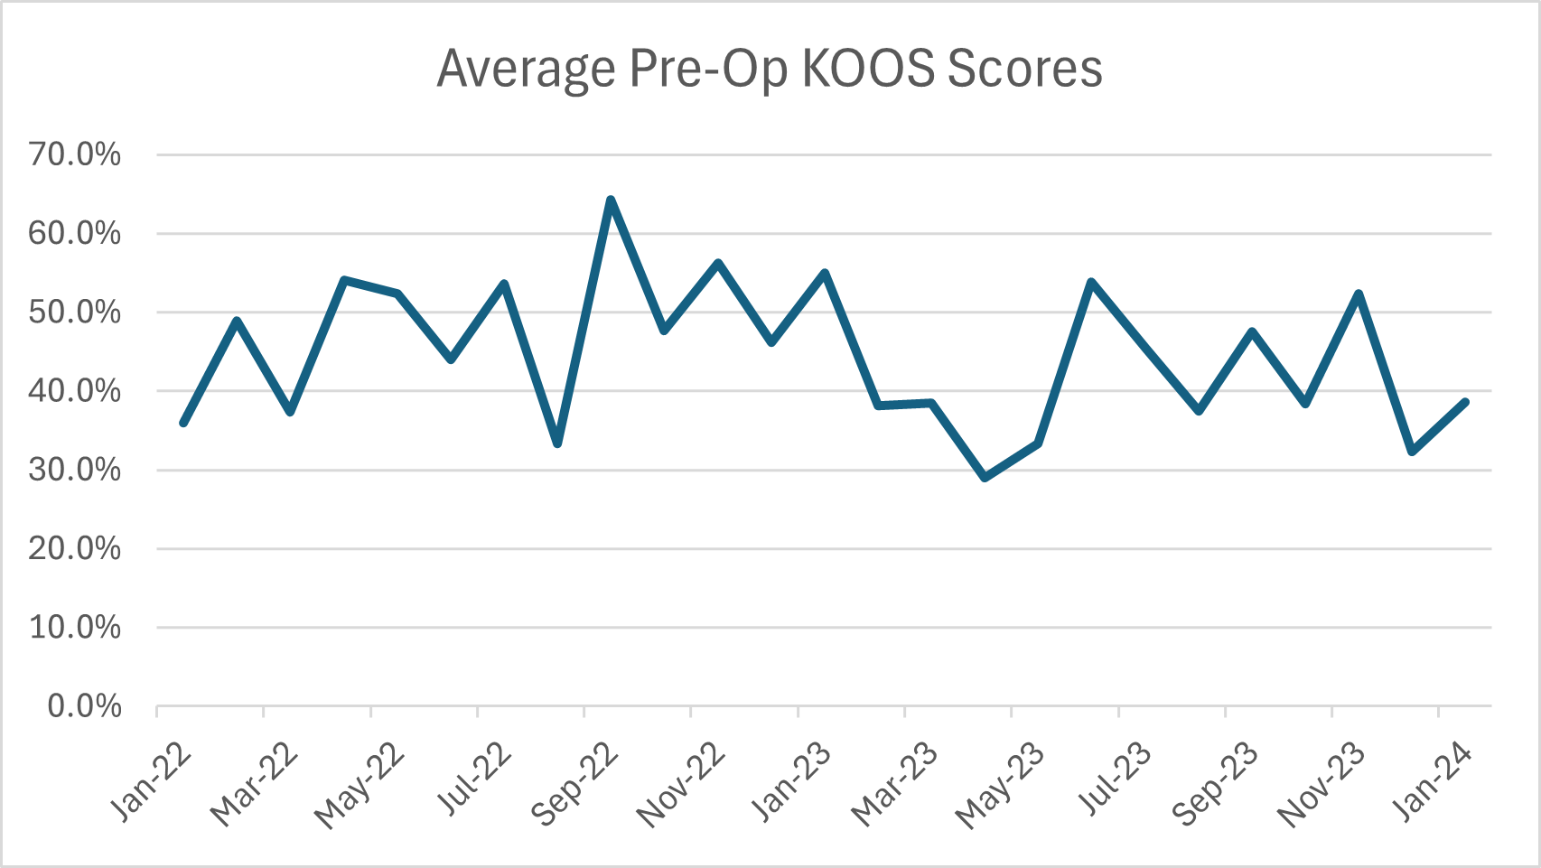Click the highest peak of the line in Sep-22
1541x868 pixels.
click(611, 200)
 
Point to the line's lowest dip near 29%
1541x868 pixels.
click(985, 477)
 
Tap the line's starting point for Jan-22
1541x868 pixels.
click(183, 423)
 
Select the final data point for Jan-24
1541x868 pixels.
click(1465, 402)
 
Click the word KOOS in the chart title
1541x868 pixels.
click(868, 69)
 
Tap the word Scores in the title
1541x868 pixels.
click(1025, 69)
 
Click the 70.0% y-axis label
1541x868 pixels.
click(75, 154)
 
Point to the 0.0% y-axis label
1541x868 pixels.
click(84, 705)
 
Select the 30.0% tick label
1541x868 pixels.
click(75, 470)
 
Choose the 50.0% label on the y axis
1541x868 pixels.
click(75, 313)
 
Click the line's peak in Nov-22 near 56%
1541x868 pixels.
click(718, 263)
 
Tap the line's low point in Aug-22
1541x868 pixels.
click(557, 443)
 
